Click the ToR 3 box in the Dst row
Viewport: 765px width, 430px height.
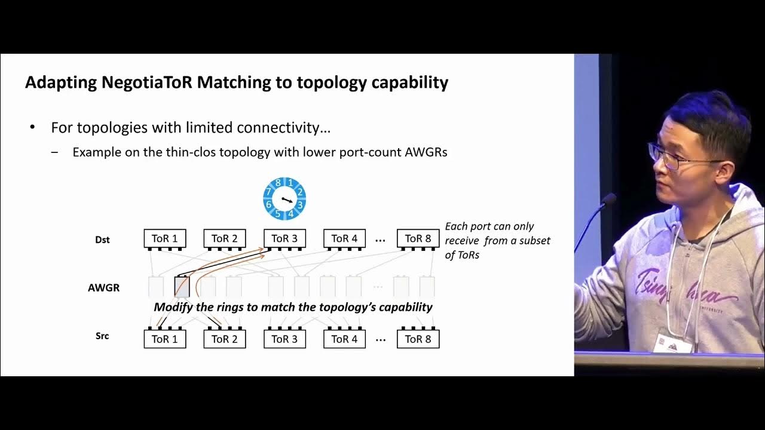pyautogui.click(x=284, y=239)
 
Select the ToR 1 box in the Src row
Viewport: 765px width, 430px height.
pyautogui.click(x=164, y=339)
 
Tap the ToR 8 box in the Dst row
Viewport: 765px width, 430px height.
pyautogui.click(x=418, y=239)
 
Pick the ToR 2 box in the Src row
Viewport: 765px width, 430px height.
pyautogui.click(x=225, y=339)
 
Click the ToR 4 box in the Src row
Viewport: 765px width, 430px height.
pyautogui.click(x=344, y=339)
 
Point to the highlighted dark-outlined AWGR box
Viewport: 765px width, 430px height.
pyautogui.click(x=182, y=287)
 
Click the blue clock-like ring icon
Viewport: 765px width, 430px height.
pyautogui.click(x=284, y=199)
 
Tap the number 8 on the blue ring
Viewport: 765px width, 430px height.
pyautogui.click(x=279, y=183)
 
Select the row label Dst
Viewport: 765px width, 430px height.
pyautogui.click(x=102, y=240)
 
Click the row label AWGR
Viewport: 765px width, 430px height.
pyautogui.click(x=103, y=288)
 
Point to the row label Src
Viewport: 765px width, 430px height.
pyautogui.click(x=102, y=336)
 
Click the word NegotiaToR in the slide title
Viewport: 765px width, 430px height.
pyautogui.click(x=147, y=82)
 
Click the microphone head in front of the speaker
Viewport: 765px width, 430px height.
pyautogui.click(x=609, y=199)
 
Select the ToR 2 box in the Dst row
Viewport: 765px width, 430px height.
pyautogui.click(x=225, y=239)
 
